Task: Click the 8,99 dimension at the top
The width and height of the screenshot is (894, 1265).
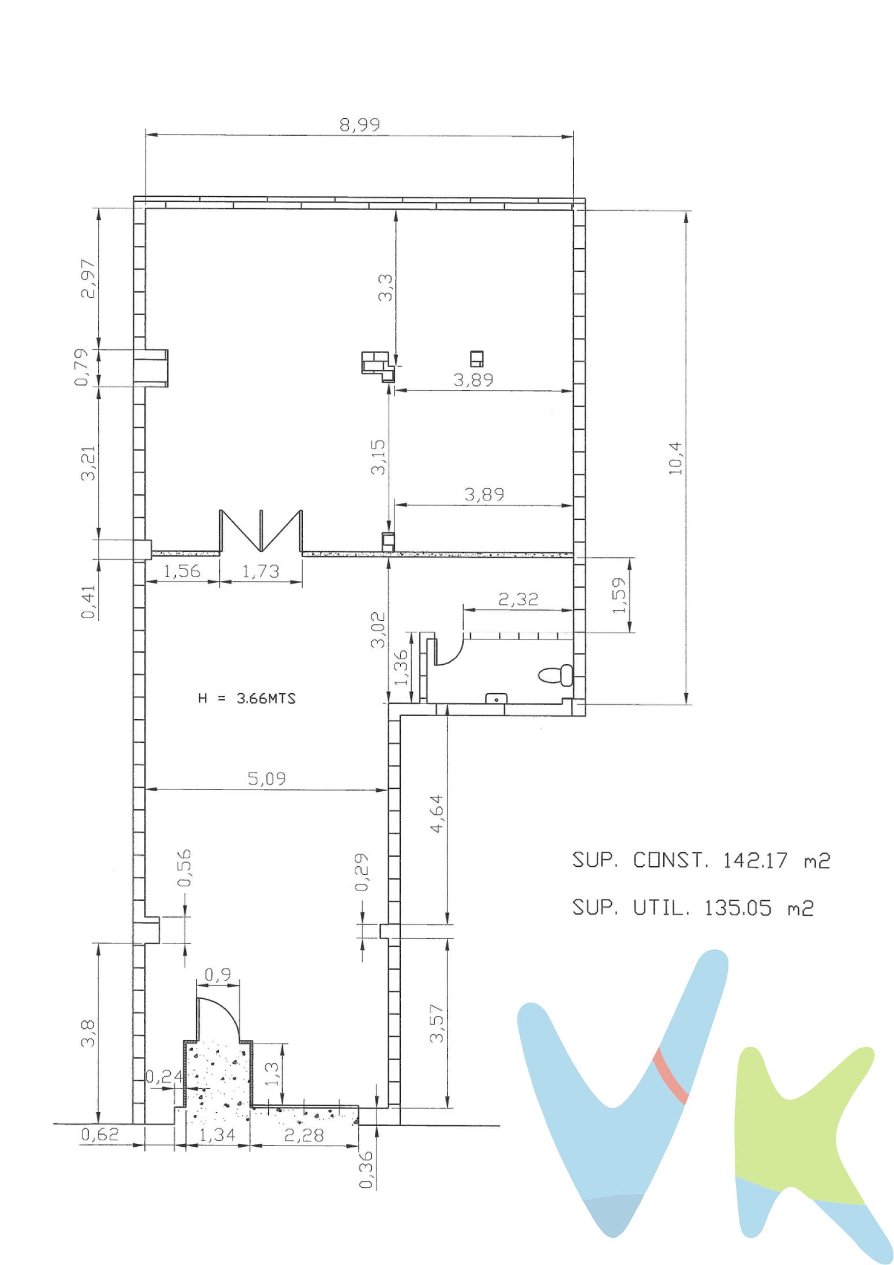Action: [359, 125]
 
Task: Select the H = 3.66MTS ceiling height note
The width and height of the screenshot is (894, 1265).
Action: [247, 698]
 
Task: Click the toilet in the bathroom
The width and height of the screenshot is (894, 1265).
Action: [555, 675]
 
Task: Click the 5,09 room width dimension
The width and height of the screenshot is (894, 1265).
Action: [266, 779]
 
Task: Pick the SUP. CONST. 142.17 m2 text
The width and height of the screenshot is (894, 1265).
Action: [701, 860]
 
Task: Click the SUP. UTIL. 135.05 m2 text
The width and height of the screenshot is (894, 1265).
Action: [692, 908]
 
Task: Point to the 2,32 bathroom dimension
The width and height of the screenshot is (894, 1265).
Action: [518, 598]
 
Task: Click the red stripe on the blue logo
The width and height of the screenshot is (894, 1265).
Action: [670, 1076]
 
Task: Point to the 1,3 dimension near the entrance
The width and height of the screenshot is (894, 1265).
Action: [273, 1074]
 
